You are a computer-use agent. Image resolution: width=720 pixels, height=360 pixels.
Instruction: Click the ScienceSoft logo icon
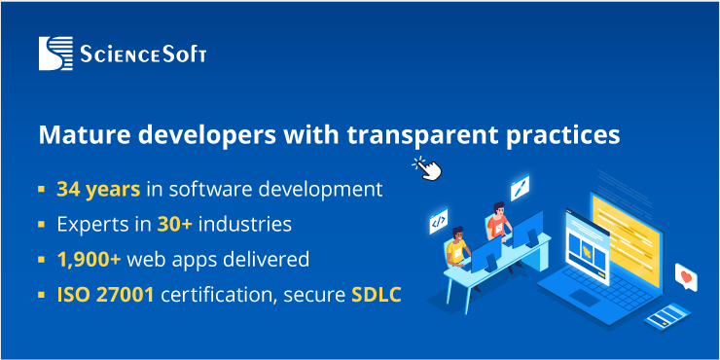click(55, 53)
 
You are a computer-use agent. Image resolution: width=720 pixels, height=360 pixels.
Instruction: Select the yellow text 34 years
click(98, 188)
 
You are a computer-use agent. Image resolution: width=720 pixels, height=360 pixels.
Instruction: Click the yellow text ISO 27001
click(105, 295)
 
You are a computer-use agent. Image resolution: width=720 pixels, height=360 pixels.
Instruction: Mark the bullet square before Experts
click(42, 225)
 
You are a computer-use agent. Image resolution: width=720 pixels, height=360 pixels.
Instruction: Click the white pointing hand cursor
click(427, 168)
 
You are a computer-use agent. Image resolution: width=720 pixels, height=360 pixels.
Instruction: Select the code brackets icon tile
click(438, 223)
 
